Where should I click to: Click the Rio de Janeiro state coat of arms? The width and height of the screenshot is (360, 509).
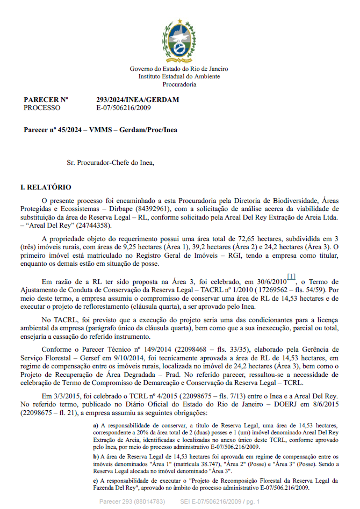coord(179,39)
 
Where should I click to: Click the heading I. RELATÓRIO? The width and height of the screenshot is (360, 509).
coord(45,187)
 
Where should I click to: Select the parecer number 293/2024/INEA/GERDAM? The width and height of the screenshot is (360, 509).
coord(138,100)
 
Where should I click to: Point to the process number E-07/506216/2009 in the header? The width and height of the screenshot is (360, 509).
coord(124,107)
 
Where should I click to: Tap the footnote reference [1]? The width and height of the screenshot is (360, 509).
coord(291,277)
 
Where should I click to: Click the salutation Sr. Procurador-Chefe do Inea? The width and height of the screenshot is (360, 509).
coord(112,161)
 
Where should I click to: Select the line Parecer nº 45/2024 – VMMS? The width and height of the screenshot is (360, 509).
coord(100,130)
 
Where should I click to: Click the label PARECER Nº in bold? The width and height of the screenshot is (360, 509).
coord(46,100)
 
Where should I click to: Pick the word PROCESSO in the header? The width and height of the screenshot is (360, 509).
coord(42,107)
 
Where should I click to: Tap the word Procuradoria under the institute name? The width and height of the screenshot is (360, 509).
coord(179,84)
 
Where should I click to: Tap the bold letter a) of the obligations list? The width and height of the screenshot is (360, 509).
coord(96,425)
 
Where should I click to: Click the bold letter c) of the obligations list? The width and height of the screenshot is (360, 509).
coord(96,481)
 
